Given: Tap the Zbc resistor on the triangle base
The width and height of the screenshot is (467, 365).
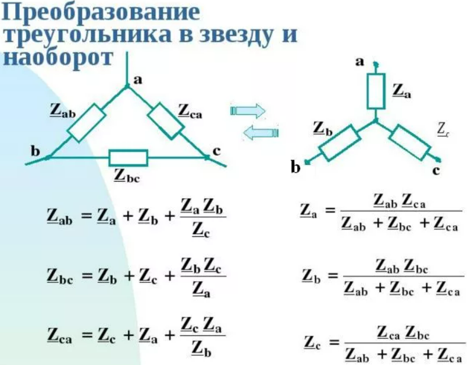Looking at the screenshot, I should point(129,157).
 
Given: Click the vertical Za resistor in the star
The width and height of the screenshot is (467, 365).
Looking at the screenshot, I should point(376,91).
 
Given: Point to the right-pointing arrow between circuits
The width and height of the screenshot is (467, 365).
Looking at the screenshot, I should point(248,110).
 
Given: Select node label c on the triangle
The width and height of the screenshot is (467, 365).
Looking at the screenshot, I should point(216,151).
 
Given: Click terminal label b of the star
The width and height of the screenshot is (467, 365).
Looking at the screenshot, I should point(296,168).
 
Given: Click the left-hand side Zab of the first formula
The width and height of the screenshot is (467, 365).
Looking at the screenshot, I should point(59,217).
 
